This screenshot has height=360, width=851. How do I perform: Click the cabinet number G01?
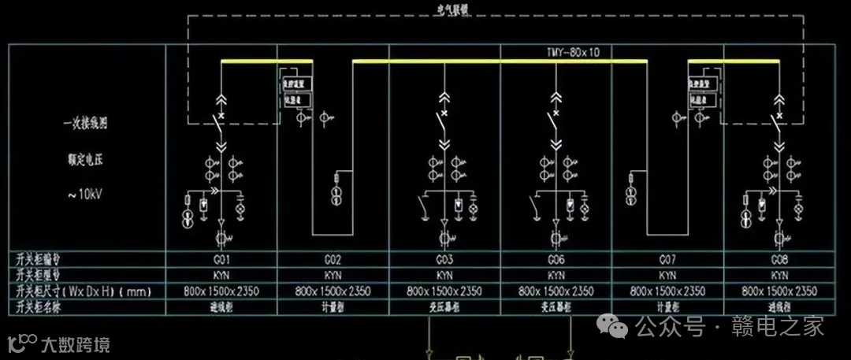221,260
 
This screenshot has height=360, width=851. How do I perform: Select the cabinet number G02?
333,260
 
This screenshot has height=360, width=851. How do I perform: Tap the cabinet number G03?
444,260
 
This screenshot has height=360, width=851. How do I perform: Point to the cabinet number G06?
556,260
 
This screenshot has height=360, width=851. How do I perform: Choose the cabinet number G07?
667,260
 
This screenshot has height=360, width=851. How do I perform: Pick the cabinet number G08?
779,260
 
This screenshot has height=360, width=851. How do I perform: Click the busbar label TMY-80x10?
573,53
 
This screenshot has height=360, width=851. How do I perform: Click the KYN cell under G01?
221,276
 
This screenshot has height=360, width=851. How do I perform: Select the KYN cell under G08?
779,276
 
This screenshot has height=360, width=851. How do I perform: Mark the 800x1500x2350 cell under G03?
444,291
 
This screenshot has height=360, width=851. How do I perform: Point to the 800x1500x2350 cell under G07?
667,291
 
